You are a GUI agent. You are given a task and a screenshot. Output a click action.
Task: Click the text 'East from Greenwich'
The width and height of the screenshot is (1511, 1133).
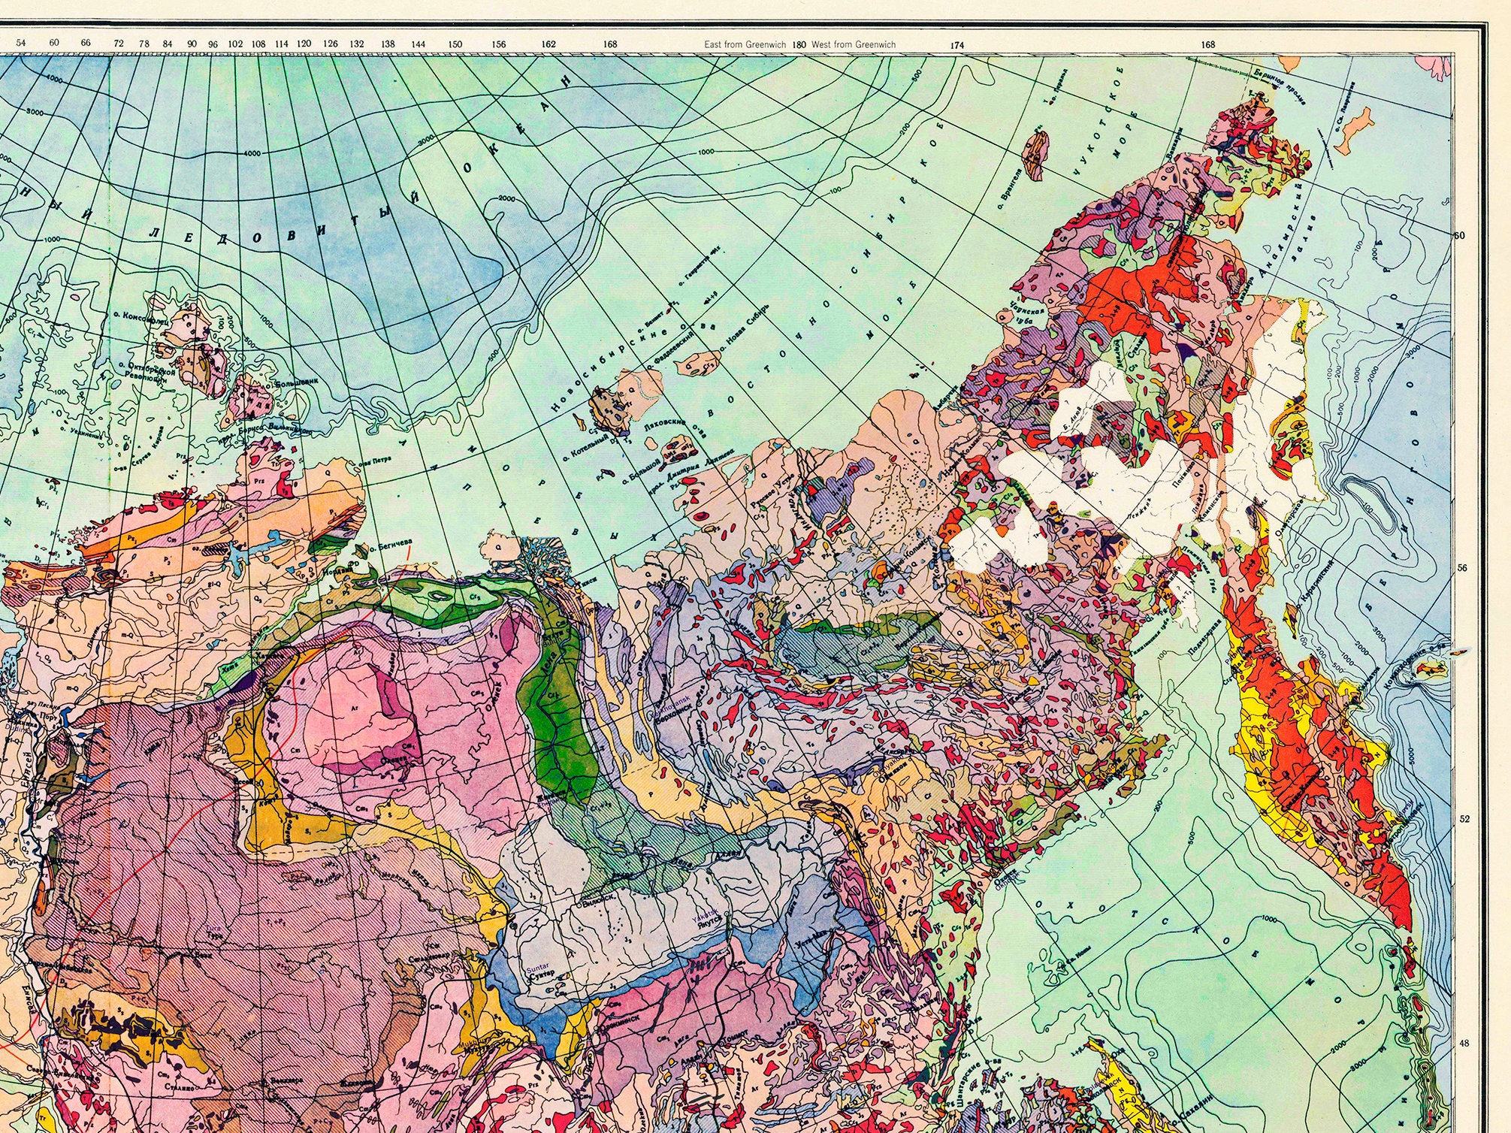coord(745,44)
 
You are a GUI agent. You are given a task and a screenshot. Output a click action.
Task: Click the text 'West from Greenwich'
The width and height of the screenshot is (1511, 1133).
coord(854,44)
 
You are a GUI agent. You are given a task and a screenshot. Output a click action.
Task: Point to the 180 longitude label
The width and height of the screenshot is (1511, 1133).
coord(799,44)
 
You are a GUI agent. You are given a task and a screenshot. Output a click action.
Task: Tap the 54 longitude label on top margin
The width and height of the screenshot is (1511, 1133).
coord(21,43)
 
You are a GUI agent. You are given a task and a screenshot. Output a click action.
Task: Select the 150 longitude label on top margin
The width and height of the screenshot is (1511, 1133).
coord(455,44)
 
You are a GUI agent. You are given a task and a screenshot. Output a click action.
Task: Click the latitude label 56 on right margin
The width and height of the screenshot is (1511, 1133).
coord(1461,569)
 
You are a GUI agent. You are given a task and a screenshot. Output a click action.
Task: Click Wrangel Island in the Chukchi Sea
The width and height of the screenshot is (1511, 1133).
coord(1036,154)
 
